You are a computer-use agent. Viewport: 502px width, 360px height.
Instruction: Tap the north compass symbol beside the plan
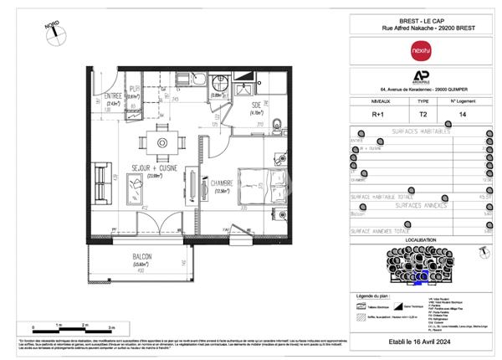point(51,33)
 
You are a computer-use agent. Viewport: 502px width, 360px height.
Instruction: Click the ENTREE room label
point(113,96)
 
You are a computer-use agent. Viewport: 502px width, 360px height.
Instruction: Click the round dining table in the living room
point(157,140)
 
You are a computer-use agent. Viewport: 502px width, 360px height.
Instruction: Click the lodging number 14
point(463,113)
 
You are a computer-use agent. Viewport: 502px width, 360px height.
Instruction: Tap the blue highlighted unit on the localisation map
point(423,274)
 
